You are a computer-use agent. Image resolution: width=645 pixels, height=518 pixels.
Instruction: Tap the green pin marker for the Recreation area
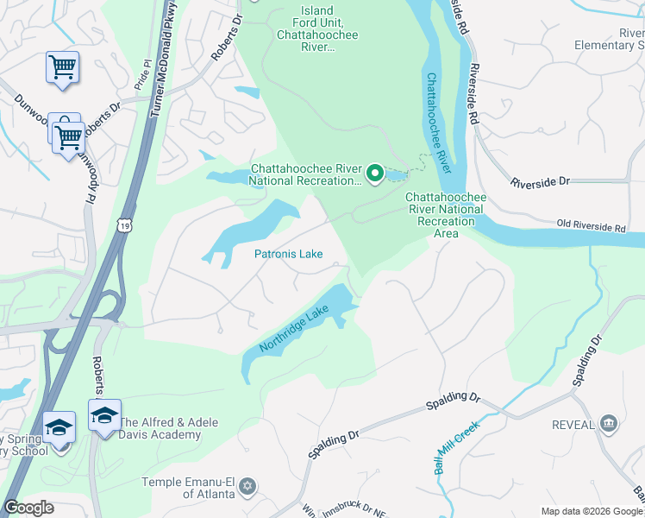[375, 174]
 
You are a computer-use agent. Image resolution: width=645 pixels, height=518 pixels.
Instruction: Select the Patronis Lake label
[288, 254]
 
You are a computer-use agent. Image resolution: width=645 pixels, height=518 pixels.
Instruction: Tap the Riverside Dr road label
[541, 182]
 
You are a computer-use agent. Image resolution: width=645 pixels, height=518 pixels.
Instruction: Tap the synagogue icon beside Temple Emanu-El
[248, 486]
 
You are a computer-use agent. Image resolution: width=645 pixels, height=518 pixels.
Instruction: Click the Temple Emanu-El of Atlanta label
[189, 487]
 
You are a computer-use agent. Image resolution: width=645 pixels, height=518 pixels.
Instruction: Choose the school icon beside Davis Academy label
[104, 415]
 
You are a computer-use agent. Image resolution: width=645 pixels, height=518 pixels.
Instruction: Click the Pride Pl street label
[142, 82]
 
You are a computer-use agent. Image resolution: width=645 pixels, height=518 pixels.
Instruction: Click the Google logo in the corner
[28, 508]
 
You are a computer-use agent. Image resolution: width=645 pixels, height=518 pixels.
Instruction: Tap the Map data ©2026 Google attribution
[591, 511]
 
